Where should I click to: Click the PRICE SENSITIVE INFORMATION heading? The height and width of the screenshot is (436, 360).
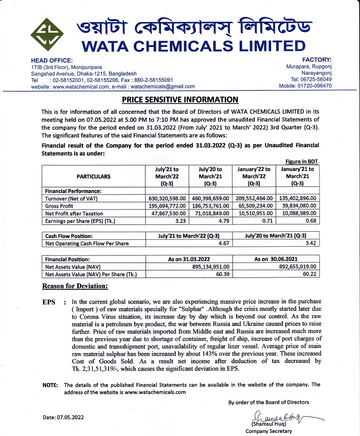[180, 99]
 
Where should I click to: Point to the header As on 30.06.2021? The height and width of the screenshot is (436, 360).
[276, 259]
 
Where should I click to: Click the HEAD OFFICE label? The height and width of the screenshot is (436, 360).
[51, 61]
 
